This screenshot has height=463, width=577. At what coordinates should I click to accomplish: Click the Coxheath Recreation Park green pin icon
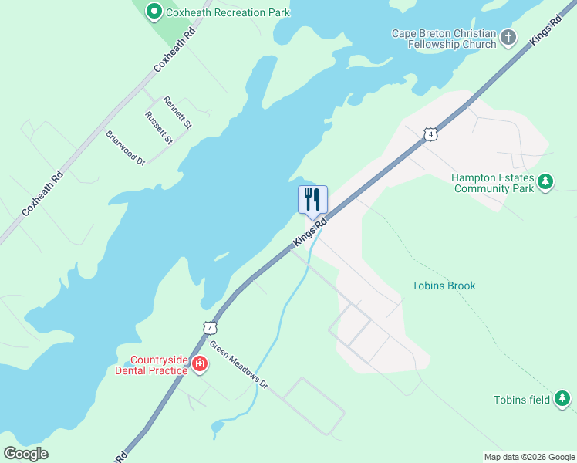click(154, 12)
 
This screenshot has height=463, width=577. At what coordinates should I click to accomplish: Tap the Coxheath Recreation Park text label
click(220, 12)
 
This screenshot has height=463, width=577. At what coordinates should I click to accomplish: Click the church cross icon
click(508, 36)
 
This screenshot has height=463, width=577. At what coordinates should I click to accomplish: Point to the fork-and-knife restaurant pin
click(312, 199)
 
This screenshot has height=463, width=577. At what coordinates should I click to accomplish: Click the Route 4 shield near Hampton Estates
click(430, 134)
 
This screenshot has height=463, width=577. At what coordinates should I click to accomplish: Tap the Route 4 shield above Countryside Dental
click(210, 328)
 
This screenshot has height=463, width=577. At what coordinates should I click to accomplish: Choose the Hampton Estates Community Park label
click(493, 183)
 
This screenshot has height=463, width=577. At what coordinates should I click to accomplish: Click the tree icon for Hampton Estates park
click(546, 182)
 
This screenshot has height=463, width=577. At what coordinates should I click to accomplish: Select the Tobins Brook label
click(443, 286)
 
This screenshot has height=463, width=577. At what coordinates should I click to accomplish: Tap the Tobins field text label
click(521, 399)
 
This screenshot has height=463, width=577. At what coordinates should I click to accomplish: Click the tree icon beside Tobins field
click(564, 399)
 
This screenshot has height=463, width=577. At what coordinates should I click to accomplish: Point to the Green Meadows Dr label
click(238, 365)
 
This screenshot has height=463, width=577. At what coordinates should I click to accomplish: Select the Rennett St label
click(177, 111)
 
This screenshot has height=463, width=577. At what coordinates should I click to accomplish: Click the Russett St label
click(158, 127)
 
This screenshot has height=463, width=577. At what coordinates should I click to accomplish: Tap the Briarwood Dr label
click(125, 147)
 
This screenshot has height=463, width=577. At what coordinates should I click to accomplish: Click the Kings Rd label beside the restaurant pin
click(310, 232)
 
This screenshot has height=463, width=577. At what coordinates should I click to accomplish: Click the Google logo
click(26, 453)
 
